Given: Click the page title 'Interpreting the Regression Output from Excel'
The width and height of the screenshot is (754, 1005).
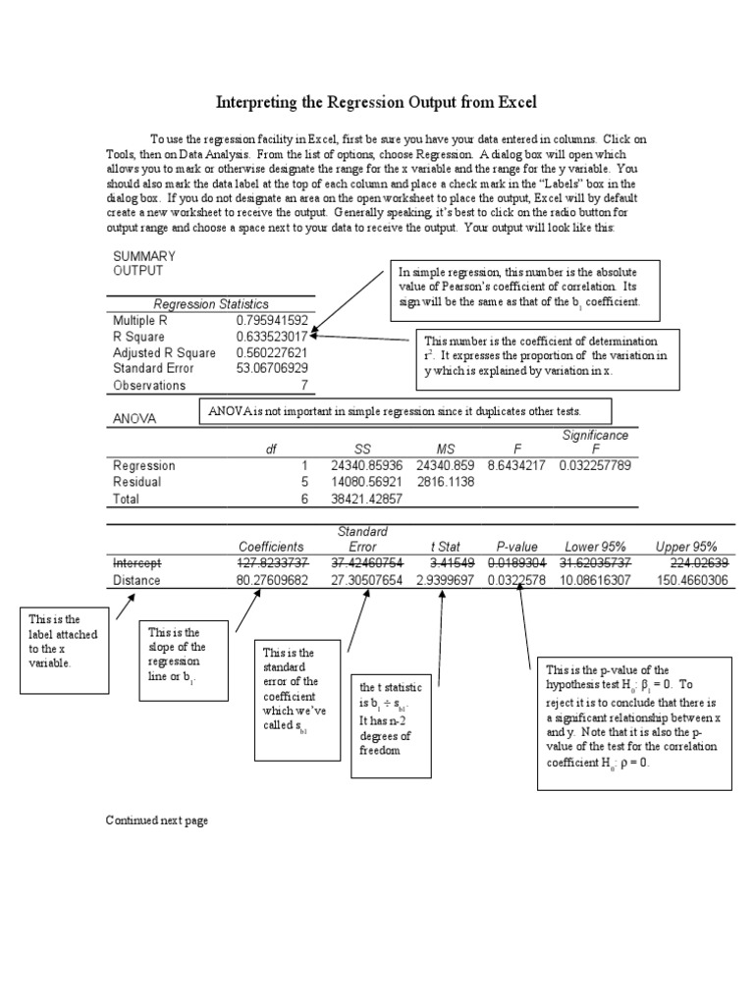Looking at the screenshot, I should click(376, 102).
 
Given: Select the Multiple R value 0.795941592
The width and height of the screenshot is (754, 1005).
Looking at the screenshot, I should click(272, 320).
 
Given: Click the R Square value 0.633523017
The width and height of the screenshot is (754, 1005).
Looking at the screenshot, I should click(272, 337).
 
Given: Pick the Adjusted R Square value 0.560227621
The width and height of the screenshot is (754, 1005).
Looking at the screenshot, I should click(272, 352).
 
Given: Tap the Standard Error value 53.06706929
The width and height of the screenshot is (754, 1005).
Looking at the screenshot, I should click(272, 368).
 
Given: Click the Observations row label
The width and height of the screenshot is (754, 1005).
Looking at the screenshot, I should click(149, 386).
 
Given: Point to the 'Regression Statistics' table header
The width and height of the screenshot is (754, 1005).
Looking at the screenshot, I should click(210, 304).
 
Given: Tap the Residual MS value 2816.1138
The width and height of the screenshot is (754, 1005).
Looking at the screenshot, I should click(446, 482).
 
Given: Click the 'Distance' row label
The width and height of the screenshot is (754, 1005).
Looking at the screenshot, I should click(137, 580).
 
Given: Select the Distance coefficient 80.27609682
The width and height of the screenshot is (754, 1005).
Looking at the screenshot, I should click(273, 580).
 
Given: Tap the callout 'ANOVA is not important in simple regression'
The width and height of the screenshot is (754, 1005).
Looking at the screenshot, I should click(406, 411).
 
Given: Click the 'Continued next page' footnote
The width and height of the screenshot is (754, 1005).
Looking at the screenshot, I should click(157, 820).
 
